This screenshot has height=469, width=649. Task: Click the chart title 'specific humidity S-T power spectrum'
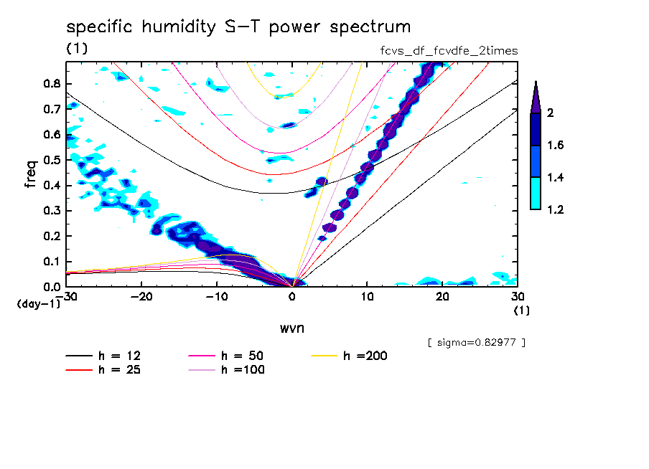pyautogui.click(x=238, y=27)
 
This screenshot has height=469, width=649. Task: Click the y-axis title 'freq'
pyautogui.click(x=31, y=174)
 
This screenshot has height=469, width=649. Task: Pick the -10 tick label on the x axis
pyautogui.click(x=217, y=296)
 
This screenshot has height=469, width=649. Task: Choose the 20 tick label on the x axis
pyautogui.click(x=442, y=296)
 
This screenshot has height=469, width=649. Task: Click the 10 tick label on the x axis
pyautogui.click(x=367, y=296)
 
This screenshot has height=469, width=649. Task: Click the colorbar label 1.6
pyautogui.click(x=554, y=146)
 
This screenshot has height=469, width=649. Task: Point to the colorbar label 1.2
pyautogui.click(x=554, y=209)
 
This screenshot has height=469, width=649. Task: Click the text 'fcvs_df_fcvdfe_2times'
pyautogui.click(x=449, y=51)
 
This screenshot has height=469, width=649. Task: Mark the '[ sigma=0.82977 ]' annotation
pyautogui.click(x=476, y=342)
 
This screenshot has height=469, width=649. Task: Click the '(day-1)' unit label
pyautogui.click(x=39, y=304)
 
